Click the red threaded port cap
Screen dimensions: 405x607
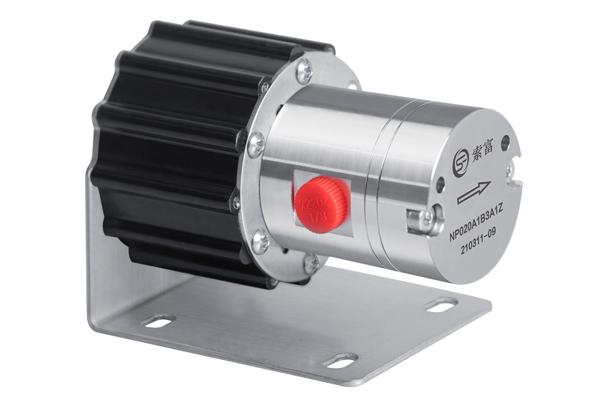321,203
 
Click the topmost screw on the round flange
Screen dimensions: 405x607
304,69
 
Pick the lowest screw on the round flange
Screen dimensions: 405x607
310,263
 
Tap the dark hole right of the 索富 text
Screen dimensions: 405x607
506,142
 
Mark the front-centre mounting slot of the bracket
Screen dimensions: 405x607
341,361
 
